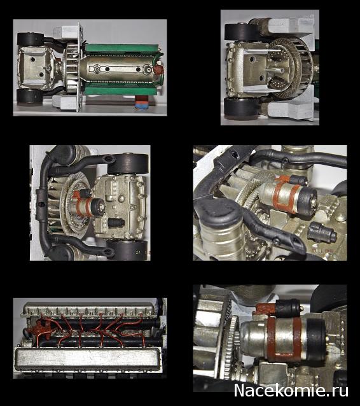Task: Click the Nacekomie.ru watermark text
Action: click(x=291, y=391)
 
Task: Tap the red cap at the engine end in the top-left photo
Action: click(x=158, y=69)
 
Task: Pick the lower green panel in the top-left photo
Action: click(x=121, y=89)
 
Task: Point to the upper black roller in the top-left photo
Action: click(x=30, y=39)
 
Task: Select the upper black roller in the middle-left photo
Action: click(x=128, y=164)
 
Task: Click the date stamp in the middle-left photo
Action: click(x=142, y=251)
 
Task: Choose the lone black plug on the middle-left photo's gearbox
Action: click(x=117, y=223)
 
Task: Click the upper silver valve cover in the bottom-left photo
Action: click(x=90, y=310)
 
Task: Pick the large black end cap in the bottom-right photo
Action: click(x=315, y=340)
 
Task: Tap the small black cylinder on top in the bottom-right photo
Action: click(x=287, y=308)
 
